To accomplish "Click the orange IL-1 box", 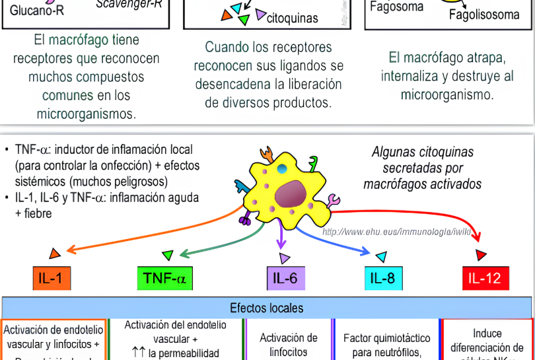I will tap(52, 278).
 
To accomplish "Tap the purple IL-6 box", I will tap(285, 278).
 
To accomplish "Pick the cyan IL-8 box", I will tap(382, 278).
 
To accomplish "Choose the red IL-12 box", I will tap(485, 278).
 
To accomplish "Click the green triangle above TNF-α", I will tap(168, 254).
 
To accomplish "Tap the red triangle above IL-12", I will tap(481, 254).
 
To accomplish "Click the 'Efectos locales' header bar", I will tap(267, 308).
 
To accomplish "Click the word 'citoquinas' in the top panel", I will tap(292, 18).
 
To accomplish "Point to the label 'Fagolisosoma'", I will tap(483, 15).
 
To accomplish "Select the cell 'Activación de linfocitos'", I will tap(289, 344).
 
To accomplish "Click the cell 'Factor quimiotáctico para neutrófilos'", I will tap(387, 344).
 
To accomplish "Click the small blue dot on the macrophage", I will tap(282, 170).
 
